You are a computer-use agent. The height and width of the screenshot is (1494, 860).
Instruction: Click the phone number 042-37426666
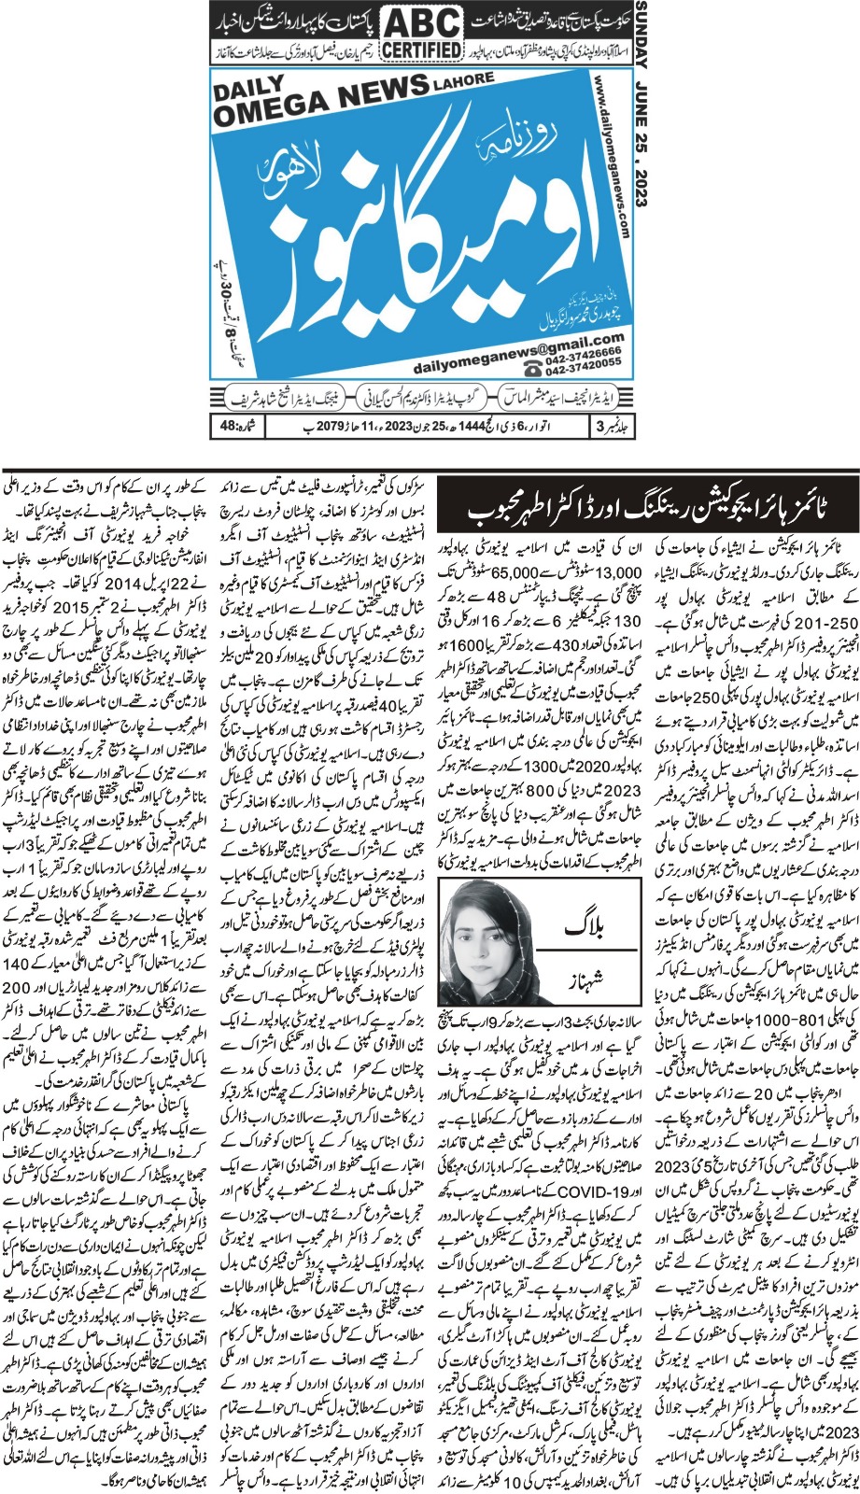click(571, 354)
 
